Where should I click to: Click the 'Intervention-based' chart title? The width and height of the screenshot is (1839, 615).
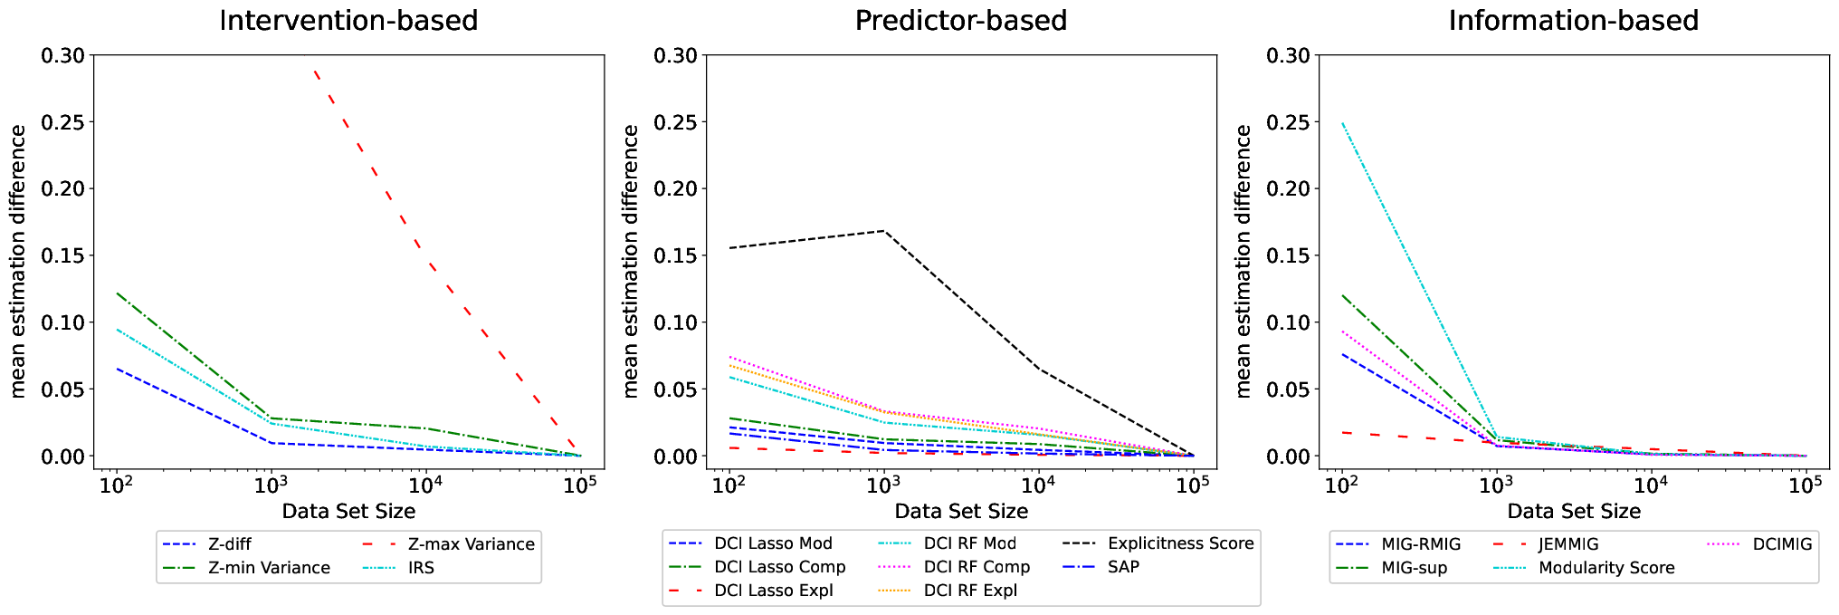(348, 20)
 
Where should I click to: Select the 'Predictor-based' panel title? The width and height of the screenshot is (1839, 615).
(961, 20)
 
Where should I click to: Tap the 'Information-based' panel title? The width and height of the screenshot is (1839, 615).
(1574, 20)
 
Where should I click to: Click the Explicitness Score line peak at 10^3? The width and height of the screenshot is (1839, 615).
(883, 231)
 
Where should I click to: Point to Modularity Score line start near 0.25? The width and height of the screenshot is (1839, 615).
(1342, 123)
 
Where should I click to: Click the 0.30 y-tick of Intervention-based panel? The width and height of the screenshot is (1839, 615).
(63, 56)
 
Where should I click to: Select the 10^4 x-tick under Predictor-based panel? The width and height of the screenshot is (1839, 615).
(1038, 484)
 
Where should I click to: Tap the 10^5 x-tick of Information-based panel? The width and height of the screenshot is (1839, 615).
(1806, 484)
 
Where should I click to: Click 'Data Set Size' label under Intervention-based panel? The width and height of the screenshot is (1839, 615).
(348, 511)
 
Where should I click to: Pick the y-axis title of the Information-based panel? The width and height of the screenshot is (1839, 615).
(1243, 262)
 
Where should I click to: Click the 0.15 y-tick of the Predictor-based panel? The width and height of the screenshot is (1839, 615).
(676, 256)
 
